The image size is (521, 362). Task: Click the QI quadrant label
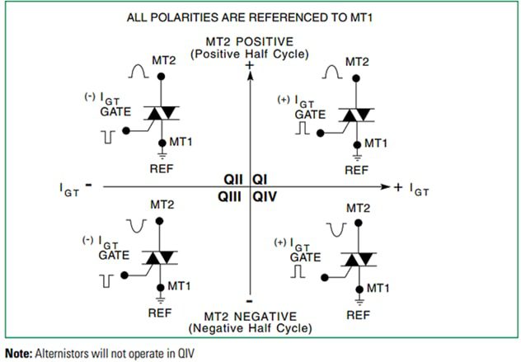260,179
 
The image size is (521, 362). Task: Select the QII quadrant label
234,179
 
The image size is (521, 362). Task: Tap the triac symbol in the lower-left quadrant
162,258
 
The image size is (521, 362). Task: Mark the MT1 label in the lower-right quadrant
377,288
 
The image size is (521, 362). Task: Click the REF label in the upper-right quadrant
356,171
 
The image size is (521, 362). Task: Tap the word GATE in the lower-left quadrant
112,256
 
